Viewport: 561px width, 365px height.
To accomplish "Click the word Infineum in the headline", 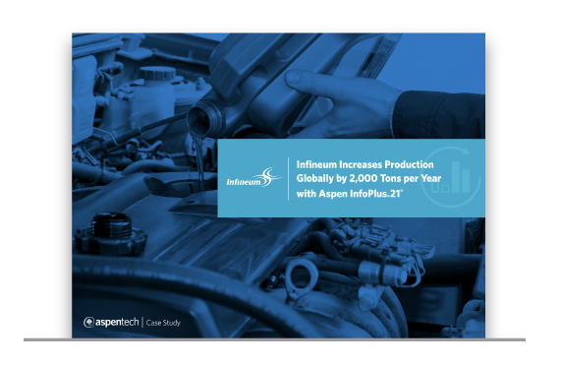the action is (316, 164).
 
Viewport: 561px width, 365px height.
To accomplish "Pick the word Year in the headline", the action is (431, 178).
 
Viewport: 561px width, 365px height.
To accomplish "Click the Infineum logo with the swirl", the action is (253, 178).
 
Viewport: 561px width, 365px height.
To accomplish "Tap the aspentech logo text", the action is (117, 323).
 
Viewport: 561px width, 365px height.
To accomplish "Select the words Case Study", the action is (163, 323).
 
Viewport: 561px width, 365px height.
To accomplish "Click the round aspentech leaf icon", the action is (88, 323).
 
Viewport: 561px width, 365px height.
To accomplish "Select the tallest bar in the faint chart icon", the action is (456, 177).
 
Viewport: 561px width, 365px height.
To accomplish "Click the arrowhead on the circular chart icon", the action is (465, 151).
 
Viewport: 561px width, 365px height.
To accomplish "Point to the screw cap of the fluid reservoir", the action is (157, 73).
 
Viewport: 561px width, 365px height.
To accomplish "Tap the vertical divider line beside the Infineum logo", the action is (289, 178).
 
